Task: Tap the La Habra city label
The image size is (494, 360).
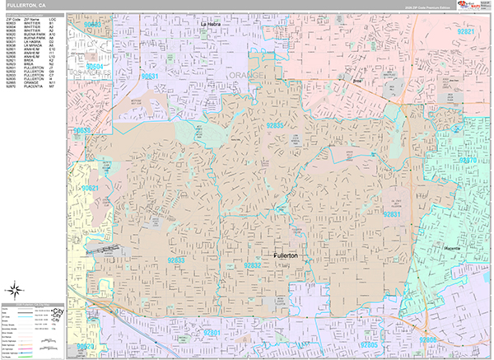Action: tap(211, 24)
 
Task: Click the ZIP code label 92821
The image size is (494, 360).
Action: tap(466, 31)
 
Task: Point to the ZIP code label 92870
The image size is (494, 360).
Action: tap(467, 159)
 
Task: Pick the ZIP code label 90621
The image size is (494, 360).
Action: tap(90, 189)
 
